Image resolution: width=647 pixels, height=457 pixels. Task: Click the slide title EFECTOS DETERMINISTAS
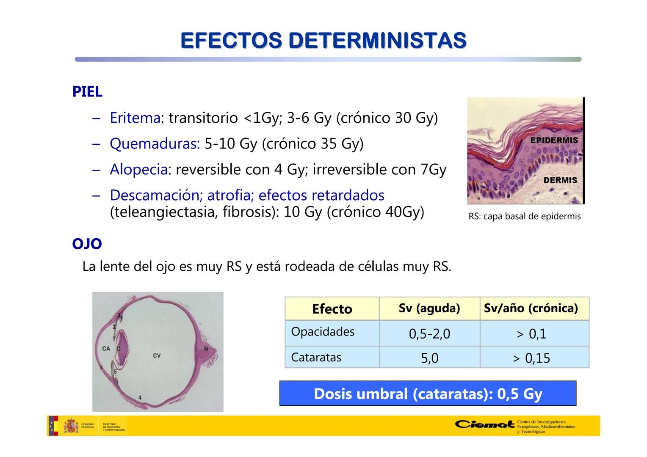323,41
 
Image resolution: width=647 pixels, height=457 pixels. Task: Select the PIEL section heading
87,92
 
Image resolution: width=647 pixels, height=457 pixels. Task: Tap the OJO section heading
87,244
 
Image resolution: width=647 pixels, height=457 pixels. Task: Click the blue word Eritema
135,118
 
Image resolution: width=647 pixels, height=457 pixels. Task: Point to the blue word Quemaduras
155,144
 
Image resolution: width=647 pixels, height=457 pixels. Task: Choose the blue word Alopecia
138,170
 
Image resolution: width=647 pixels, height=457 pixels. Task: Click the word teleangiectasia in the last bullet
163,212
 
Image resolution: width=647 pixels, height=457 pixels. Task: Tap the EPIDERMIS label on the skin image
554,140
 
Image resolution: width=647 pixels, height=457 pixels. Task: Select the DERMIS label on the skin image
560,180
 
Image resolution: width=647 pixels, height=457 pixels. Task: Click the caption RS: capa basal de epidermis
524,217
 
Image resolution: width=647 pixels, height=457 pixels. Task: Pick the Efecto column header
332,309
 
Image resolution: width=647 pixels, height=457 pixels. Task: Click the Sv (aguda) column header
429,308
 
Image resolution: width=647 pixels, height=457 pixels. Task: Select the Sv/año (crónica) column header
531,308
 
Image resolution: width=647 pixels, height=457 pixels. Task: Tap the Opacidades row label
323,332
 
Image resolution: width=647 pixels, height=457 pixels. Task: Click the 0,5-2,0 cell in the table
429,334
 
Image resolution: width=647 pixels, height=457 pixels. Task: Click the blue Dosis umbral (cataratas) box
428,394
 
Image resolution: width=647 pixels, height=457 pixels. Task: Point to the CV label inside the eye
157,355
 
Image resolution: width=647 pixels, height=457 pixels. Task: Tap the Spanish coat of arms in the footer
71,426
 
